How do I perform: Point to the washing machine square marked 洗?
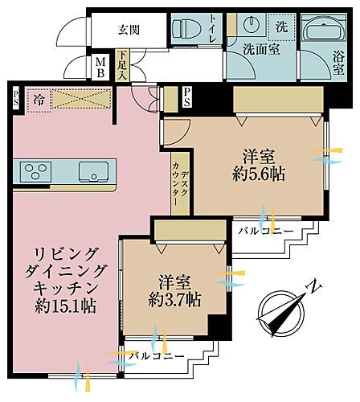tap(280, 26)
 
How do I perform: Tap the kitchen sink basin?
tap(92, 171)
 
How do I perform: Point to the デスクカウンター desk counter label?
tap(179, 183)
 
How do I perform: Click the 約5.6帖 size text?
tap(257, 174)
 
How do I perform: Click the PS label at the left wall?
tap(14, 96)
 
